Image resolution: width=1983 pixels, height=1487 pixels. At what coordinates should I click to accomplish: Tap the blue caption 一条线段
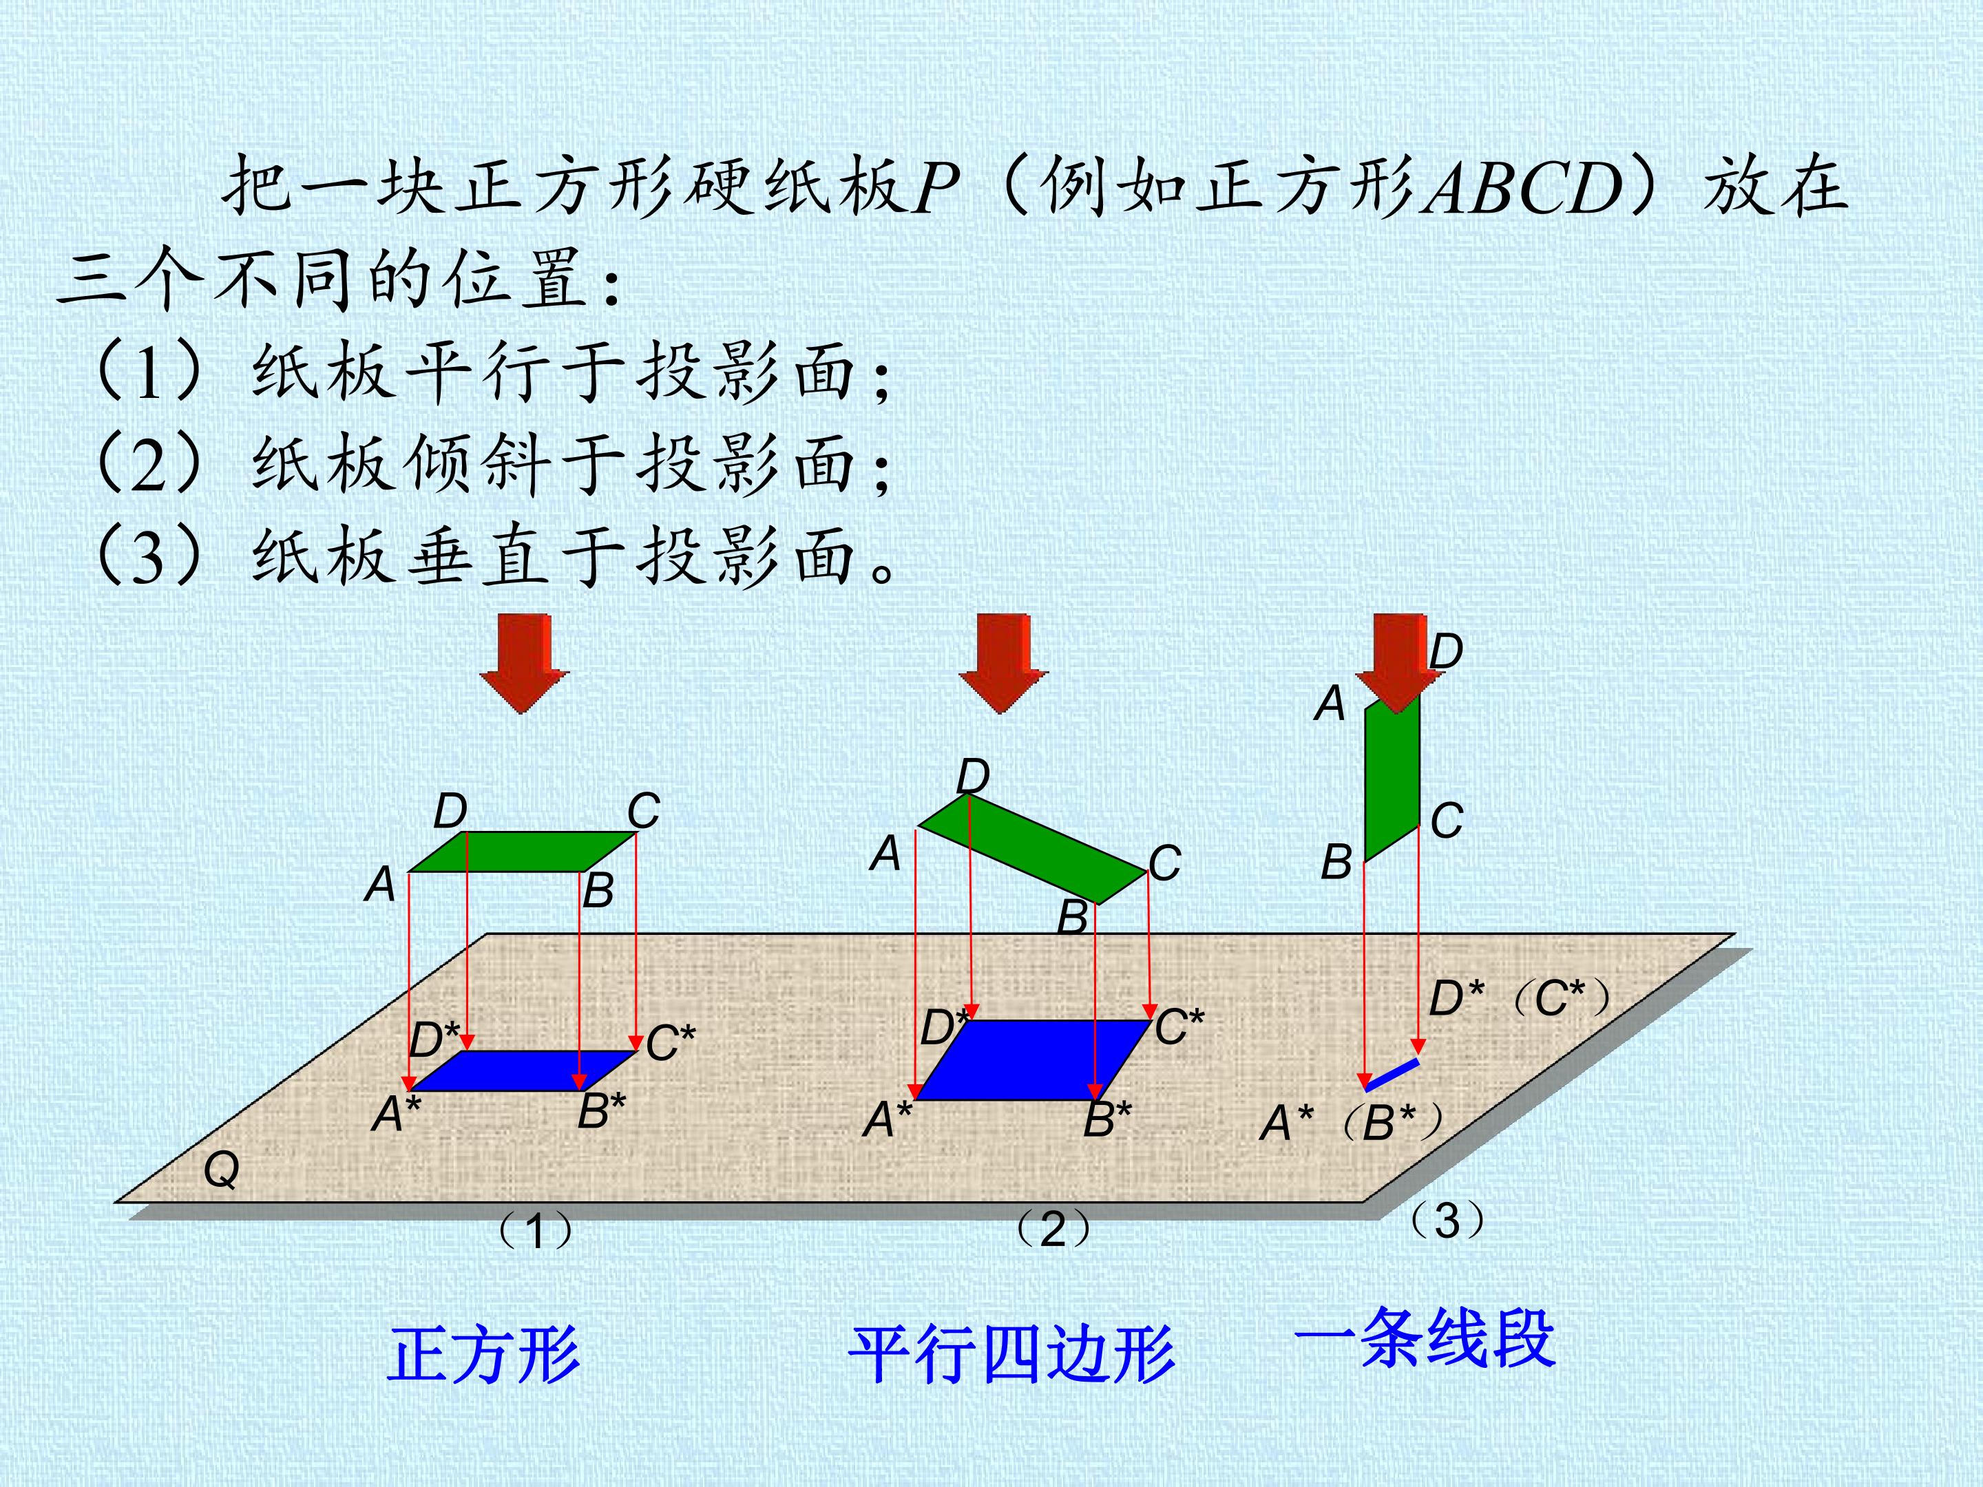point(1425,1338)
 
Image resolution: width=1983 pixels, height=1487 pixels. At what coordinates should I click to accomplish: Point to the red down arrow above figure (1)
point(523,663)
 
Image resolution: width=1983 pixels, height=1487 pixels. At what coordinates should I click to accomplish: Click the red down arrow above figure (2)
point(1003,663)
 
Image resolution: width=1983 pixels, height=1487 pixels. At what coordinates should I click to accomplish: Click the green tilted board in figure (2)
point(1034,849)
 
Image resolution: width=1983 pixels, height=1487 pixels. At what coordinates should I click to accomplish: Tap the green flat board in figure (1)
point(523,852)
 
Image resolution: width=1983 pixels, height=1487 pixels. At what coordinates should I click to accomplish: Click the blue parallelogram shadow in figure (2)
point(1034,1059)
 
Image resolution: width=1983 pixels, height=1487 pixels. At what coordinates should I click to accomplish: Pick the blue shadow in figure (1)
point(523,1071)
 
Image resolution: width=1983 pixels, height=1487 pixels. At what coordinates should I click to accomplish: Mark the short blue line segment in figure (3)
point(1392,1075)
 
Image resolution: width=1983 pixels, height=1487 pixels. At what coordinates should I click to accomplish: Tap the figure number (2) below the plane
point(1053,1229)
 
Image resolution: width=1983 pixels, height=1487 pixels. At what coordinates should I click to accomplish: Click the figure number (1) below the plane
point(534,1231)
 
